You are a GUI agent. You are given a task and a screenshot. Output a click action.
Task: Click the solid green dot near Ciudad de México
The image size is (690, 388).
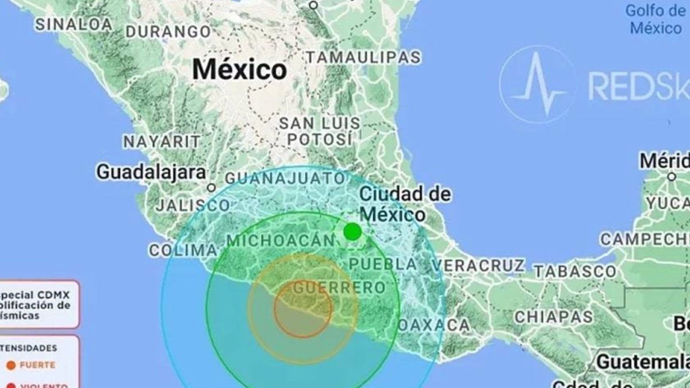pos(352,232)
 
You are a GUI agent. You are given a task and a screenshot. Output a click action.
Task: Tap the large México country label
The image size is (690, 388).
pos(239,70)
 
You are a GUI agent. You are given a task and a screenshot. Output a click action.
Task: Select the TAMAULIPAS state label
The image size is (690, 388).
pos(363,57)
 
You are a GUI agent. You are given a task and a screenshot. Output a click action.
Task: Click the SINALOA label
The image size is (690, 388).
pos(74,25)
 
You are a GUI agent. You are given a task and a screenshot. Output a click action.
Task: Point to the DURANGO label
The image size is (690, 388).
pos(168,31)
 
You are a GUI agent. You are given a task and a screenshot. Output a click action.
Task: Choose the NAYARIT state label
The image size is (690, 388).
pos(162,141)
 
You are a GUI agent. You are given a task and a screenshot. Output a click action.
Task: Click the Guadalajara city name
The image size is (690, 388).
pos(151,171)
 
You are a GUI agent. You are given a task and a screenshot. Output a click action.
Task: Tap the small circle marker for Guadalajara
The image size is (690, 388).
pos(211,187)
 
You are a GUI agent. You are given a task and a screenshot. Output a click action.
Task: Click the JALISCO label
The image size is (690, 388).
pos(193,205)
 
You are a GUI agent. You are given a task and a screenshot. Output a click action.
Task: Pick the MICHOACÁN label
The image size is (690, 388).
pos(281,241)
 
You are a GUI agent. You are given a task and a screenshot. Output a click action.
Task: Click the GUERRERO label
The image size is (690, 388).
pos(339,287)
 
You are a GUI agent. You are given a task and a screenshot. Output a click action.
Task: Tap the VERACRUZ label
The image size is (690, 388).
pos(478,266)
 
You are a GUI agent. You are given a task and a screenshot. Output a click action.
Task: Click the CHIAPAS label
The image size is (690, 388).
pos(553,317)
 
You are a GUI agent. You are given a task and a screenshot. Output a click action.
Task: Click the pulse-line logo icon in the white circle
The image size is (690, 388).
pos(537,84)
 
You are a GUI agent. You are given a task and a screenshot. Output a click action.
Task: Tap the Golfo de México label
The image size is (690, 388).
pos(655,19)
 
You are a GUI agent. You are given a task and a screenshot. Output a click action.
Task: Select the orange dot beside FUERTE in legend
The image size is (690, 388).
pos(11,365)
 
